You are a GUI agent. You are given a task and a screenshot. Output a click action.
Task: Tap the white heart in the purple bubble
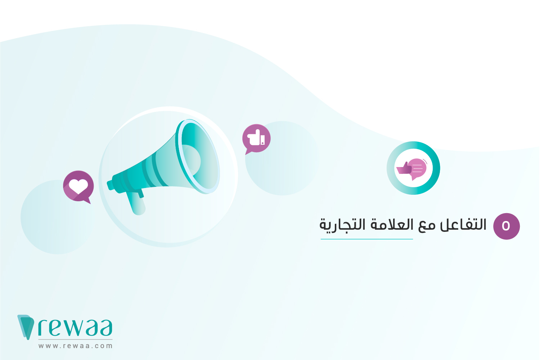78,186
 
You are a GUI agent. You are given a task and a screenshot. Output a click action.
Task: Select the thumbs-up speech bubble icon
256,139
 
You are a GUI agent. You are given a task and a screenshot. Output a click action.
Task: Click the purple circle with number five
506,226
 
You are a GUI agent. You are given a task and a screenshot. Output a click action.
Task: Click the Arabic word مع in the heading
427,226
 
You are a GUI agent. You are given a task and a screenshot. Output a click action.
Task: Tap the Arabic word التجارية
342,226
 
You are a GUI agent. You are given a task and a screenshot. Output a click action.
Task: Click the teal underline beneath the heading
366,239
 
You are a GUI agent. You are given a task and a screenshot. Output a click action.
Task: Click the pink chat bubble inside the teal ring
418,168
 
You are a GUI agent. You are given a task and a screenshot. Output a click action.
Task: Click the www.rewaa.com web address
76,346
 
